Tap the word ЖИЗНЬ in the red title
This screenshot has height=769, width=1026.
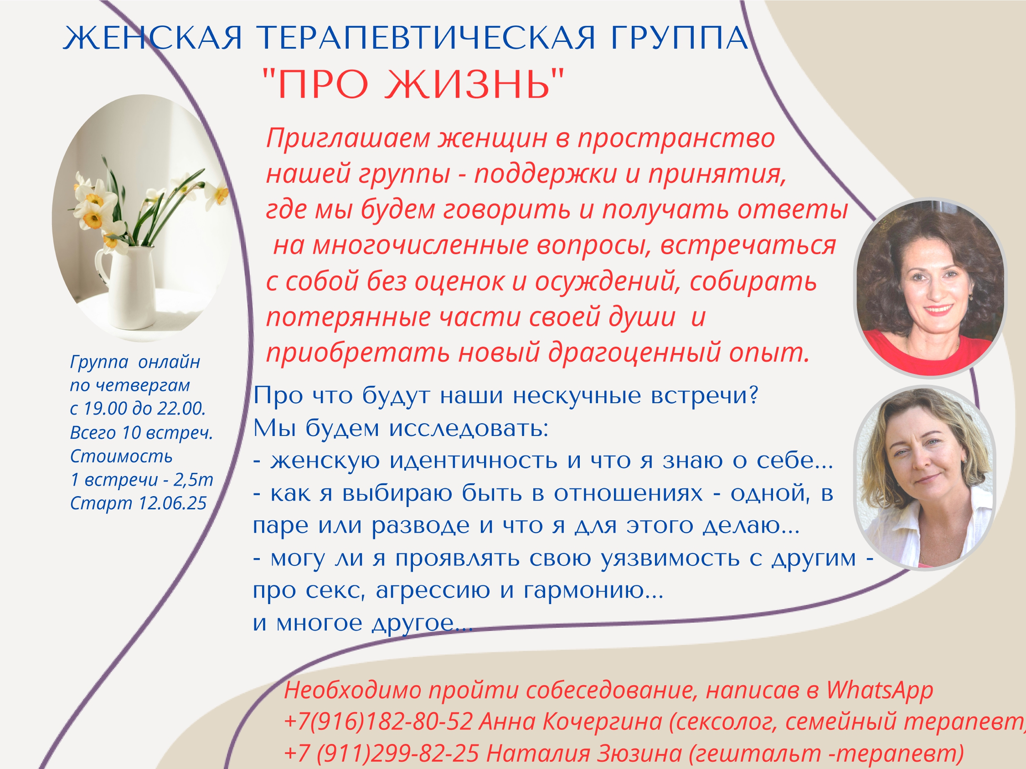pos(468,84)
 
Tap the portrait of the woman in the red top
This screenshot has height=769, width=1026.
pos(929,287)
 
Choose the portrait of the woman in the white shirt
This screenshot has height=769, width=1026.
pos(925,477)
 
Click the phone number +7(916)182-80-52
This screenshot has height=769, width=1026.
pos(378,722)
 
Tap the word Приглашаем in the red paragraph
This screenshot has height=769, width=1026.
pos(348,138)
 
